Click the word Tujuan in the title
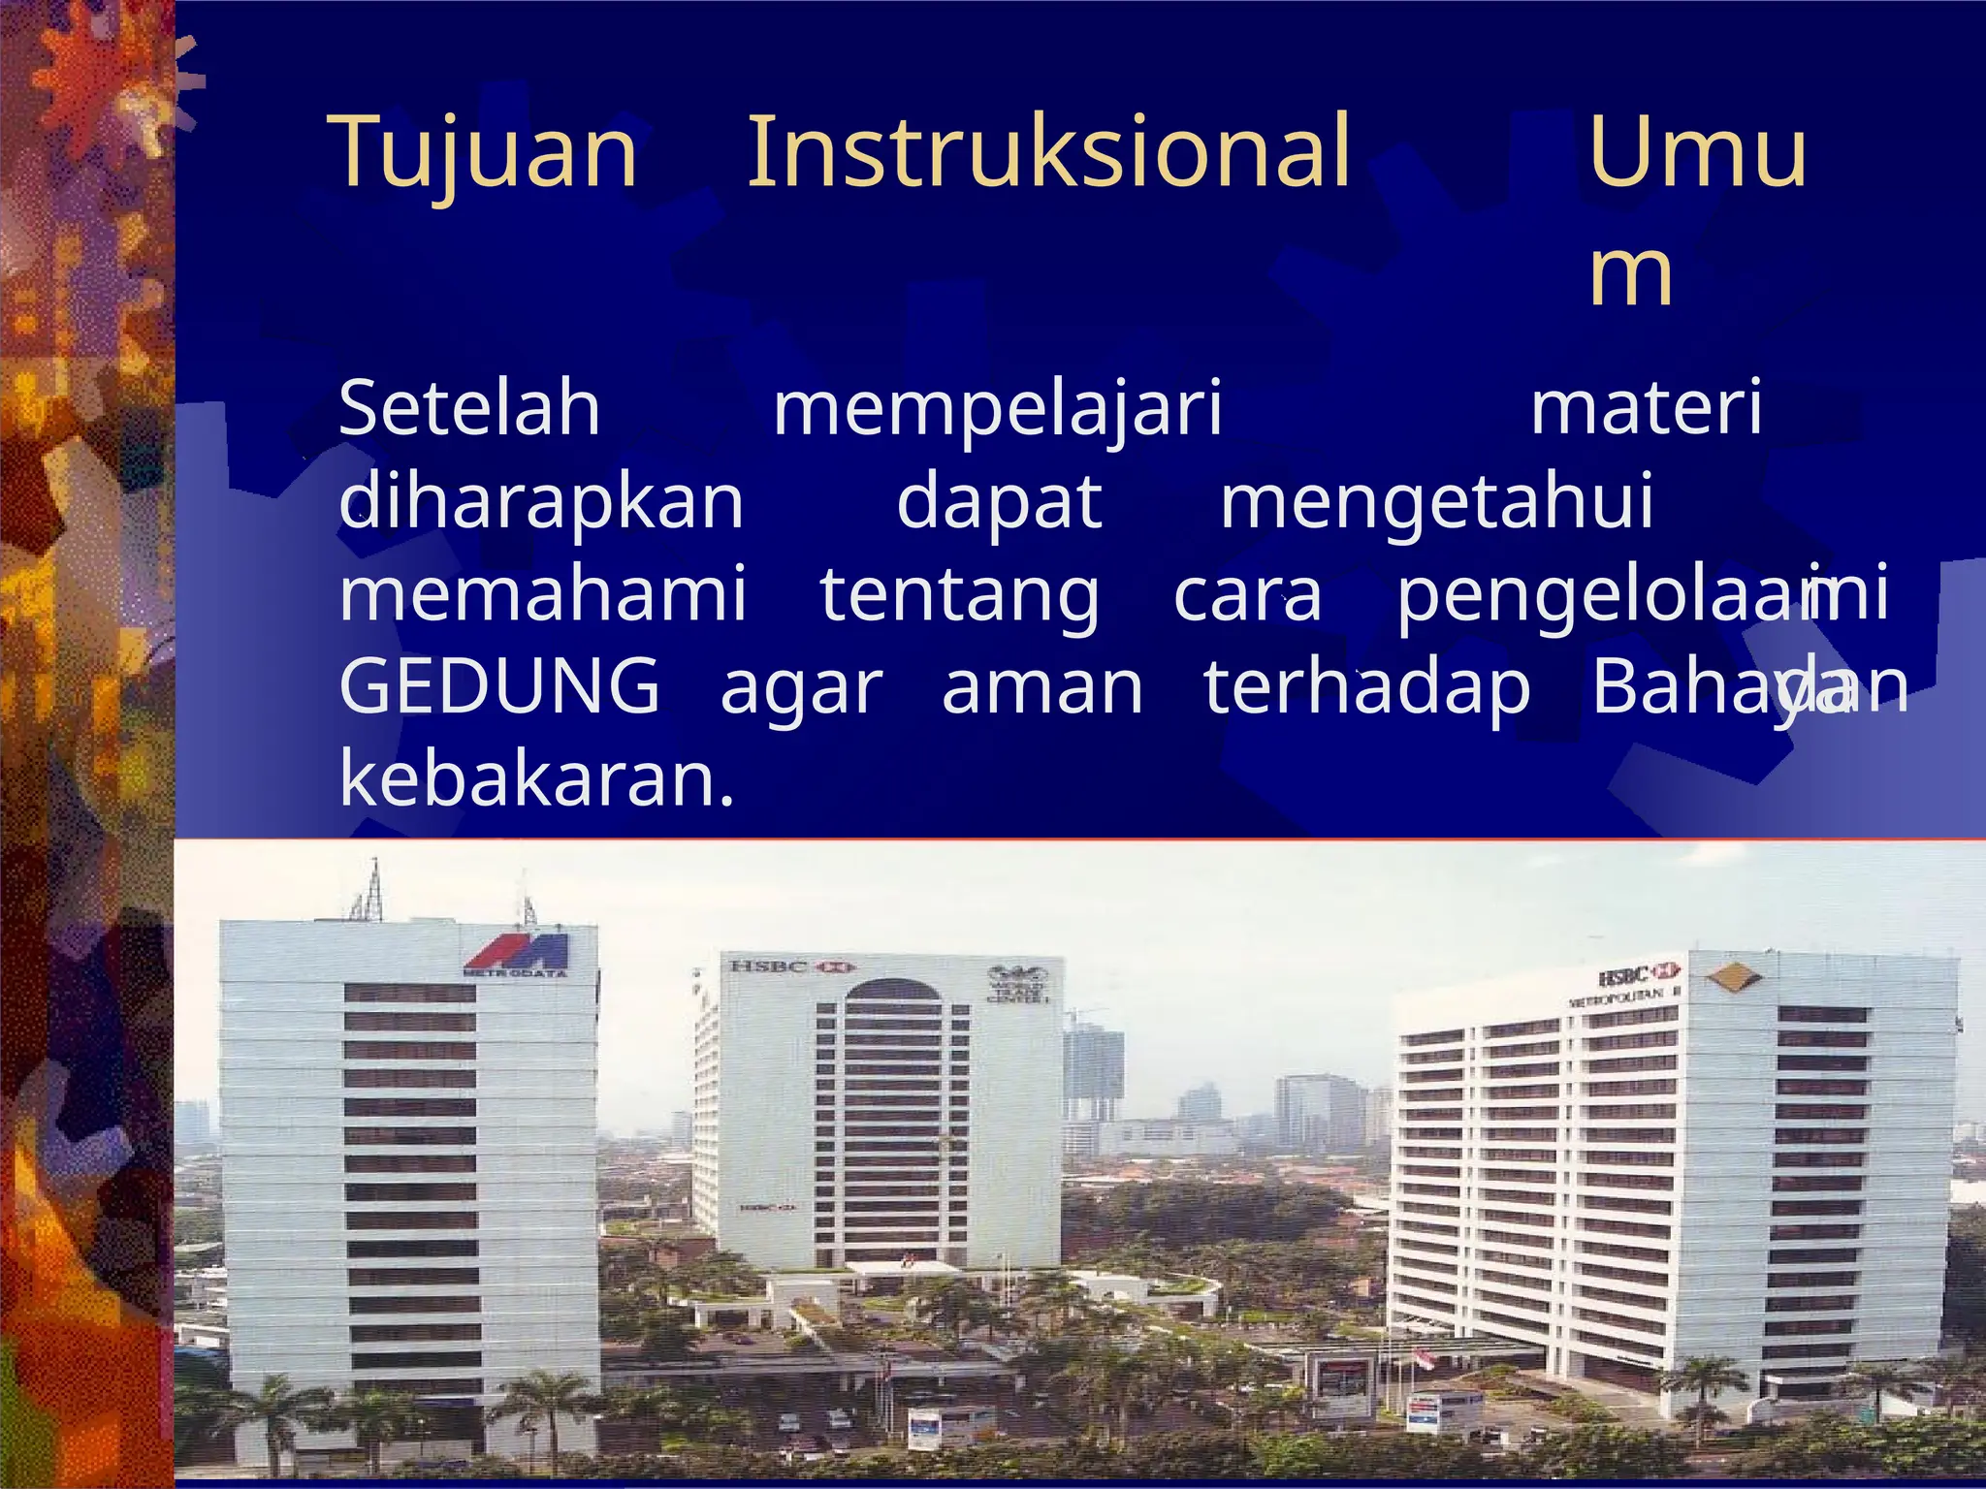click(486, 153)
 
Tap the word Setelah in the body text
click(469, 409)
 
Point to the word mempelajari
click(998, 411)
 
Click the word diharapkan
click(541, 502)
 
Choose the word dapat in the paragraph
click(999, 502)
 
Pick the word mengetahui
click(1436, 502)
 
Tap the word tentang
click(960, 595)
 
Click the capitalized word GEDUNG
click(499, 685)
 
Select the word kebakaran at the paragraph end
click(536, 778)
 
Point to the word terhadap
click(1367, 687)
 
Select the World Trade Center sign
click(1017, 985)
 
